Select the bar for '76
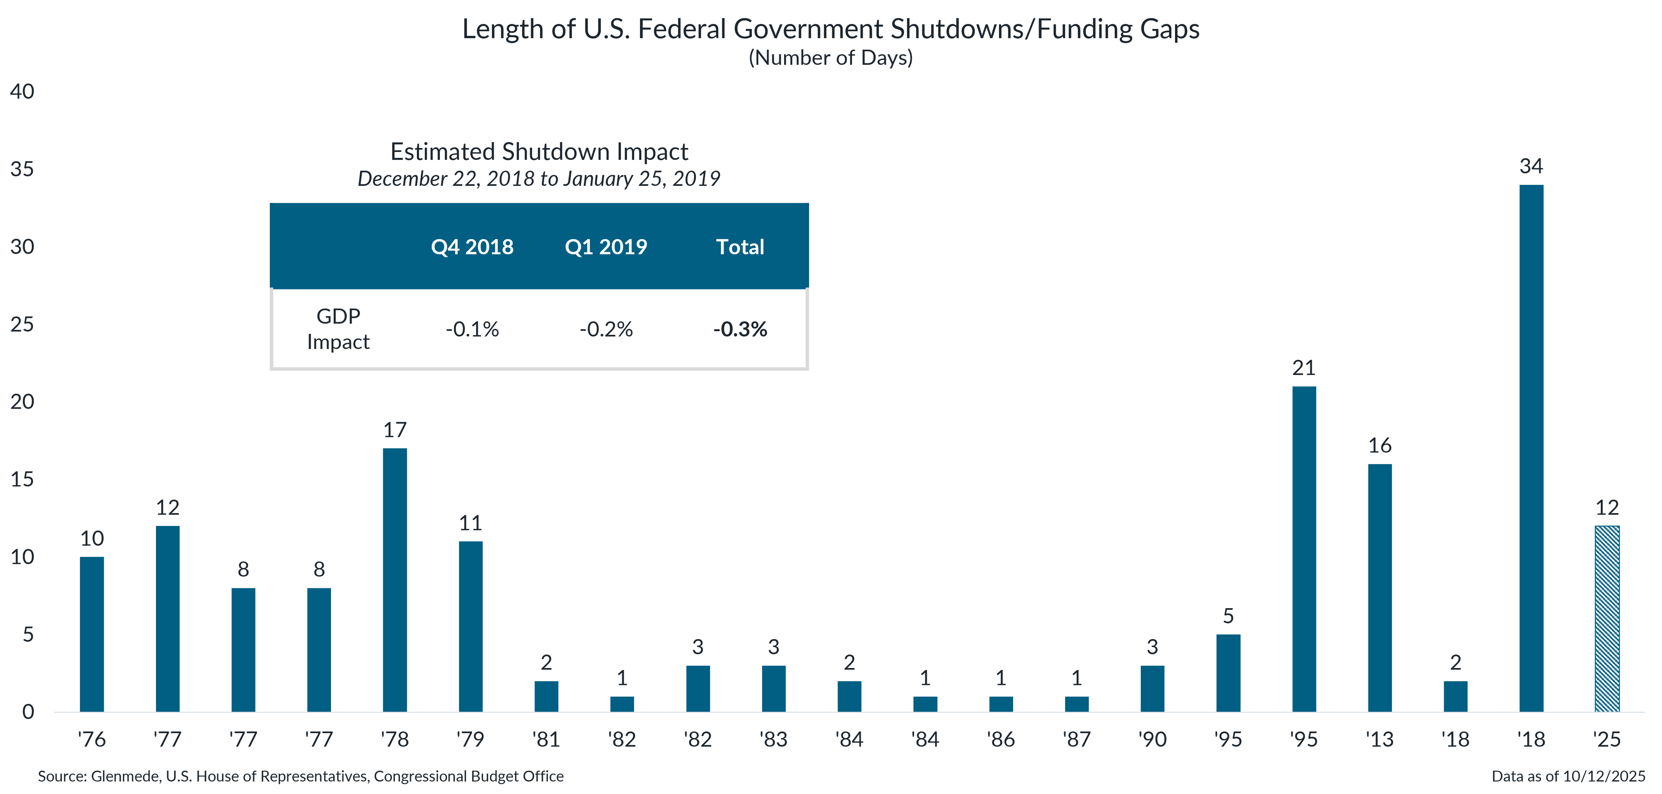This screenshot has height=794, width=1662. tap(91, 634)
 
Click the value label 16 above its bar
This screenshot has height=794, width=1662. tap(1380, 446)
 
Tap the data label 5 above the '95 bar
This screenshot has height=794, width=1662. tap(1228, 616)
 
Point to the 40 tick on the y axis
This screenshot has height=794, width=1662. tap(22, 91)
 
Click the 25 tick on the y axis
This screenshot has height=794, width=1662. tap(22, 325)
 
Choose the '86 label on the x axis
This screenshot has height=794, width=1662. tap(1001, 739)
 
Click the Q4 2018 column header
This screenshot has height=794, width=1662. tap(472, 247)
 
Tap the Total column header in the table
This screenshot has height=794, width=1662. tap(740, 247)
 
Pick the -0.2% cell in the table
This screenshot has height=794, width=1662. tap(606, 330)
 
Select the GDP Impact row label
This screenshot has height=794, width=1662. tap(338, 329)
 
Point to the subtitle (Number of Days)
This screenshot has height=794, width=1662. tap(830, 58)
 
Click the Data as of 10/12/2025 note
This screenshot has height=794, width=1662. tap(1568, 776)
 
